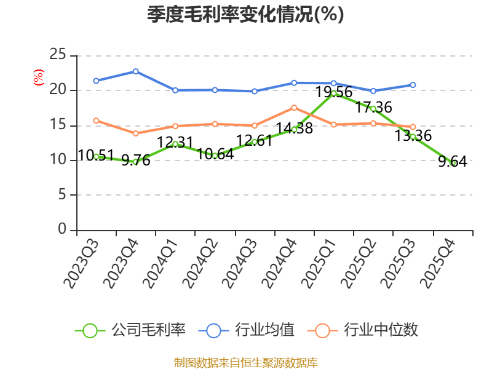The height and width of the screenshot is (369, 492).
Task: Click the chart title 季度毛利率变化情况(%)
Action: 245,14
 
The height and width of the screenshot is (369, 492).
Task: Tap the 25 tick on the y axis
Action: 58,54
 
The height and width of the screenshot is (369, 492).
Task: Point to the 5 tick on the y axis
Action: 62,195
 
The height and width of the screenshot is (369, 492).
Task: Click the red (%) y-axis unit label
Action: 39,77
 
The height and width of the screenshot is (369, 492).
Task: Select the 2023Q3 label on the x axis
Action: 81,264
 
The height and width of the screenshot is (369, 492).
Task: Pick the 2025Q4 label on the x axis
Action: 437,264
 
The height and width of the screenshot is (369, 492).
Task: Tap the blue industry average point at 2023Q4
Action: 135,71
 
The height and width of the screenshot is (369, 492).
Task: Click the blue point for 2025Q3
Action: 413,85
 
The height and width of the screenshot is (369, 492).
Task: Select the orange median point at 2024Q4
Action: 294,108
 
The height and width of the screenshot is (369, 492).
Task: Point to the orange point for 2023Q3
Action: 96,121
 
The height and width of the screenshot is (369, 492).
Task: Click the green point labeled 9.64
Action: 453,163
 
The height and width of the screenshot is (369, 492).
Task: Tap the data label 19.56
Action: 334,92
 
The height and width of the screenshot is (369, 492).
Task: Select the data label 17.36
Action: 373,107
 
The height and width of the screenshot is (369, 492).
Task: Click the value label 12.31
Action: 175,142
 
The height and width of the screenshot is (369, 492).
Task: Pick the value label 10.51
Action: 96,156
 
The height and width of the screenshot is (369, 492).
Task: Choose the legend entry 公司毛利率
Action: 130,330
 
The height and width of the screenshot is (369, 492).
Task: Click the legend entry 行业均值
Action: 247,330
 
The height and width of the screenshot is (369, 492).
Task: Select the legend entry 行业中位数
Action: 363,330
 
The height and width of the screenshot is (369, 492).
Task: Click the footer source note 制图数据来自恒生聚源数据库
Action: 246,362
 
